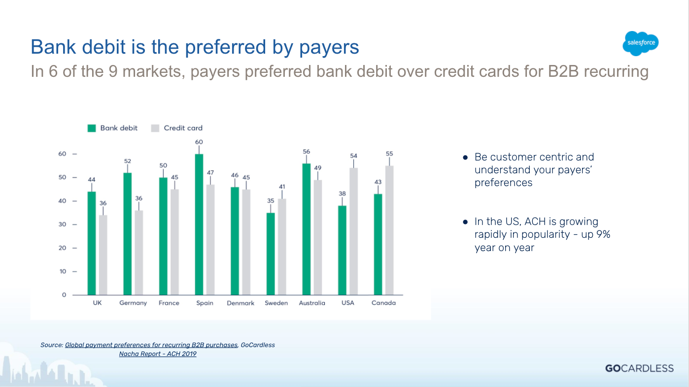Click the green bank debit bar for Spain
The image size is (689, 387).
(x=199, y=225)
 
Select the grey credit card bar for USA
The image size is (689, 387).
(x=353, y=231)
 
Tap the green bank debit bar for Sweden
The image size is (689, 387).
(x=271, y=254)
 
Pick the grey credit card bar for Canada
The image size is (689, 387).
(x=389, y=230)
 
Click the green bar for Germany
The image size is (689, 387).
(x=127, y=234)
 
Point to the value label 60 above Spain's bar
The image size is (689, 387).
(x=199, y=142)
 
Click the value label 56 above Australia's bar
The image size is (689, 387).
(x=307, y=152)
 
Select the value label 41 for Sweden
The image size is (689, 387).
(x=282, y=187)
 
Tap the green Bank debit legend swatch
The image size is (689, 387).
(x=92, y=128)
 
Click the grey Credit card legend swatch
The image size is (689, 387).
(x=155, y=128)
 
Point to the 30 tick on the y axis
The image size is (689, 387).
(x=63, y=225)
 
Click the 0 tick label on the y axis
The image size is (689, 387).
(x=64, y=295)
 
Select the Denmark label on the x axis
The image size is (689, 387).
(x=241, y=303)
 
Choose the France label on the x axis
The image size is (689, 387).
(x=169, y=303)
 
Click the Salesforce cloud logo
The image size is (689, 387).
(x=640, y=43)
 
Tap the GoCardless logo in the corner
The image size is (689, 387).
(x=640, y=368)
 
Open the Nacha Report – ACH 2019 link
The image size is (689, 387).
(x=158, y=354)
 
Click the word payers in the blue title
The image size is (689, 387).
(x=329, y=48)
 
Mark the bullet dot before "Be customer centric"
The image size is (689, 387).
(x=465, y=158)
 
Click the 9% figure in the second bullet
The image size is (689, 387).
(x=603, y=234)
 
